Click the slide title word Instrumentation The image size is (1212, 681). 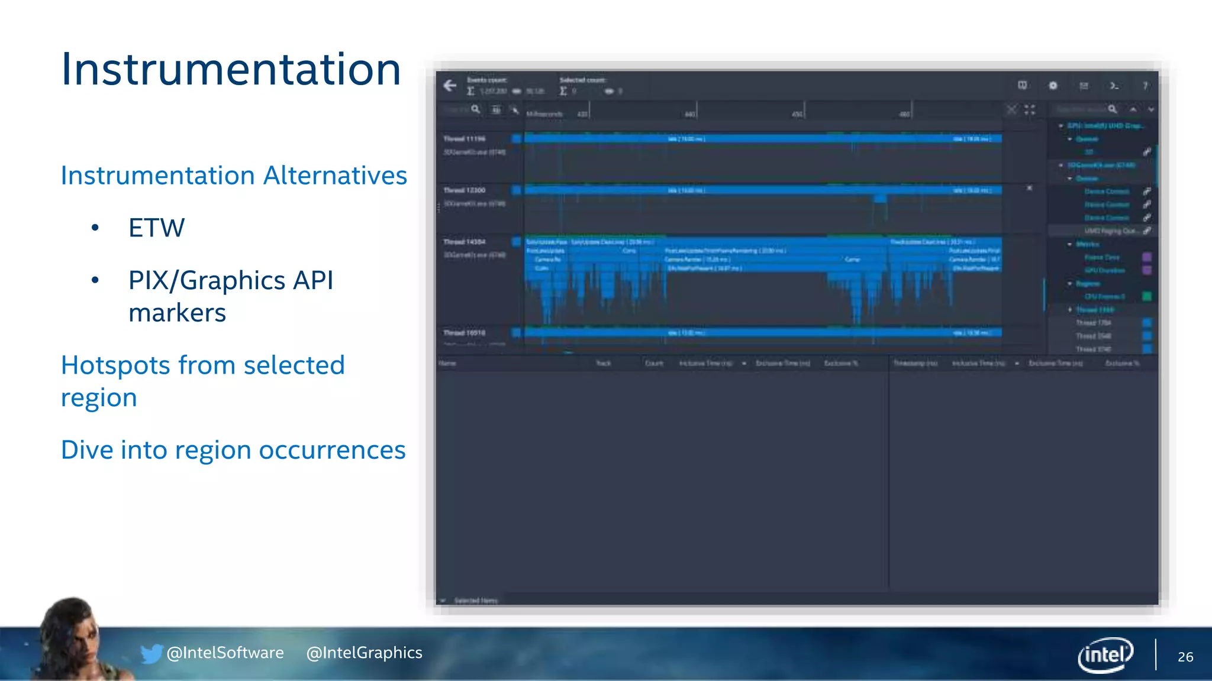[x=231, y=70]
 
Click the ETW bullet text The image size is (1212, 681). [x=156, y=228]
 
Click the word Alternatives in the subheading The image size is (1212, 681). [x=335, y=176]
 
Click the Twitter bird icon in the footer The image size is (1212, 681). [x=151, y=653]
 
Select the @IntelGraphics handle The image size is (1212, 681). [x=364, y=653]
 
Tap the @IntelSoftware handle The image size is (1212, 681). [x=225, y=653]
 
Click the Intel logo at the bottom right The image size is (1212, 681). [x=1105, y=655]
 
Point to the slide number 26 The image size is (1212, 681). [x=1185, y=657]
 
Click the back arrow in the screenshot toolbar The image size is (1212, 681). [x=450, y=86]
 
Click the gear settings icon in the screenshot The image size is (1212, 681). [x=1053, y=86]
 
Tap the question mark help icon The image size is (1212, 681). [x=1145, y=86]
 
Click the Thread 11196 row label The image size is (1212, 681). [x=465, y=139]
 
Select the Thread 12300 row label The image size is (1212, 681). [x=465, y=190]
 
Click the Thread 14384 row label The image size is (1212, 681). [x=465, y=242]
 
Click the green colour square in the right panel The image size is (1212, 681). [x=1147, y=296]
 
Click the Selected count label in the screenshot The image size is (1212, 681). [x=582, y=80]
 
